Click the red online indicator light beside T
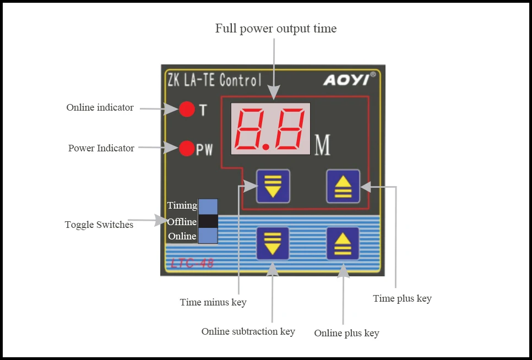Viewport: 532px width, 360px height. pos(187,109)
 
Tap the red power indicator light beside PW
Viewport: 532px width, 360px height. pos(187,148)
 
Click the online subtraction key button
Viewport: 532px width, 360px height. pos(273,243)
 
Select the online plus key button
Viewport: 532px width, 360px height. pos(343,243)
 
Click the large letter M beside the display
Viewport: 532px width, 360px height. pos(323,145)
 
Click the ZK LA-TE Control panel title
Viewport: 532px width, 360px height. pos(214,80)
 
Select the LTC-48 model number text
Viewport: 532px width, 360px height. pos(192,263)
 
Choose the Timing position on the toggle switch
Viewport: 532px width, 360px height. pos(208,206)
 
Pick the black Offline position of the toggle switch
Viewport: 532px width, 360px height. pos(208,221)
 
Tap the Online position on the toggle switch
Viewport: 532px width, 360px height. pos(208,236)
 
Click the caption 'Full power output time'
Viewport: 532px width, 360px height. pos(276,29)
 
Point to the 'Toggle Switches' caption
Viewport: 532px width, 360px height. pos(99,225)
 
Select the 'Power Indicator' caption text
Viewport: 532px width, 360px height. pos(101,148)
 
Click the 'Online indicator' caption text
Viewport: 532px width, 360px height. pos(100,108)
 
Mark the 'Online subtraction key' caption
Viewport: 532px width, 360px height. pos(248,331)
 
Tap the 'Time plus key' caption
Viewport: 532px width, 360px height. pos(402,298)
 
